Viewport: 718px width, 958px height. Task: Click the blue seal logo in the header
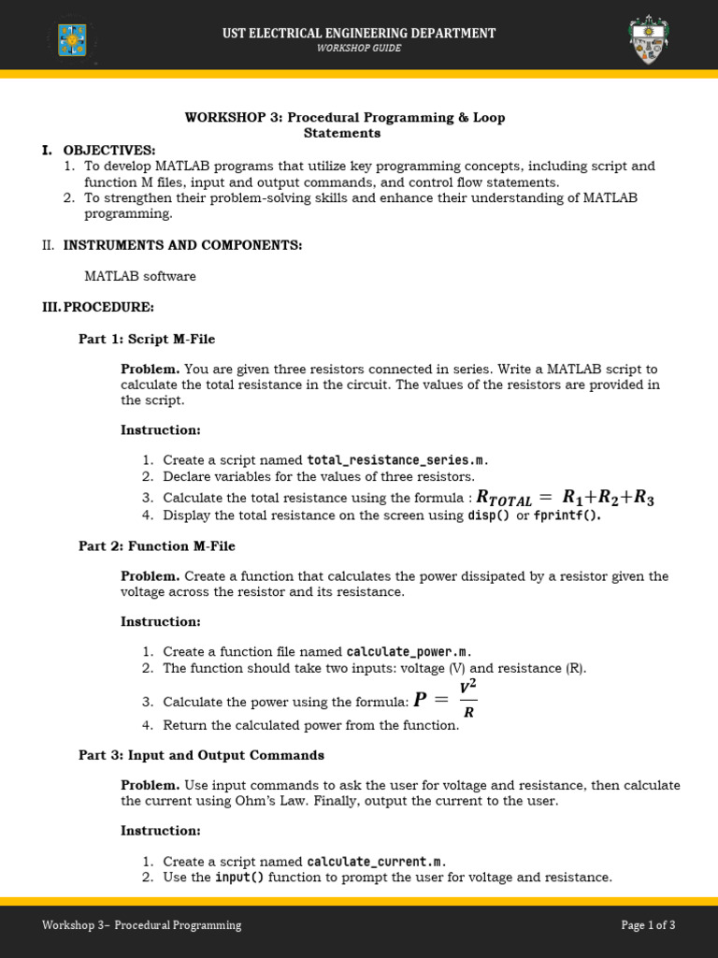(72, 39)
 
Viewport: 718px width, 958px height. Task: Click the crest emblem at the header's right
(650, 39)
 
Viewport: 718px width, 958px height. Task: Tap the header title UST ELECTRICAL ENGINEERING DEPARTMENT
(358, 33)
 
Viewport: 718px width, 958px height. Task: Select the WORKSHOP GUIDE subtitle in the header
(358, 49)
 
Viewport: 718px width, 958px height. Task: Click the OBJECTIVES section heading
(109, 150)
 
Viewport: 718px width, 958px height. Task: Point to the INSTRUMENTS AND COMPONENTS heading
(182, 245)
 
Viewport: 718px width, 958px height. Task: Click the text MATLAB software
(140, 276)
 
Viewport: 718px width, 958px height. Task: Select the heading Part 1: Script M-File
(147, 339)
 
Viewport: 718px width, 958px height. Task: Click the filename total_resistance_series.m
(396, 460)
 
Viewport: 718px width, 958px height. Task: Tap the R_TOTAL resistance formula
(565, 498)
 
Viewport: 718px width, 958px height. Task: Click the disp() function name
(488, 515)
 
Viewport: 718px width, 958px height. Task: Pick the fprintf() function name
(567, 515)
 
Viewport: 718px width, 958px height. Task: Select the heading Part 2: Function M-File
(157, 546)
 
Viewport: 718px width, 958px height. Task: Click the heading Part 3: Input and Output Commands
(201, 755)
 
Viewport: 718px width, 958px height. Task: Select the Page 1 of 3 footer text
(648, 925)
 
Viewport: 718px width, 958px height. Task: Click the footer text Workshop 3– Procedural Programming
(141, 925)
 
